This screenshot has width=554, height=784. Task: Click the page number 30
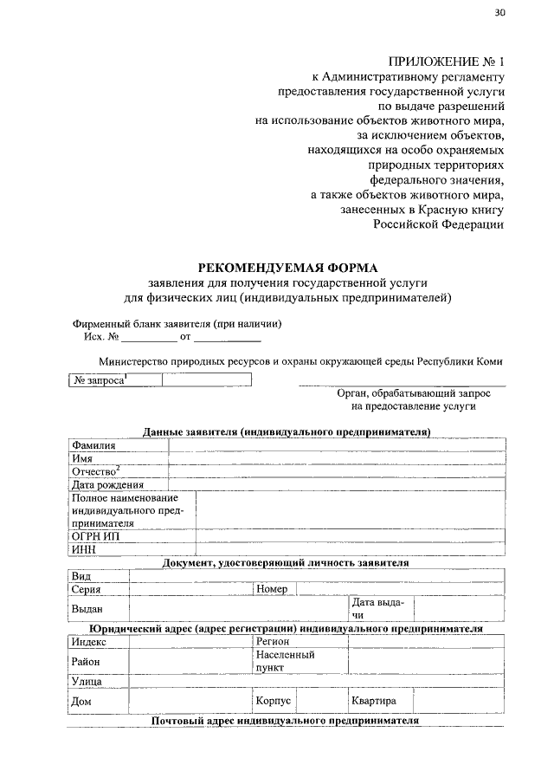pos(499,12)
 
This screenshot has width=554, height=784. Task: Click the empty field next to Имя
pos(338,458)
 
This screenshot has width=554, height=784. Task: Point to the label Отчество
pos(95,471)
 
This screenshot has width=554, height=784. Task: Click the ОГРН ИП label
pos(95,535)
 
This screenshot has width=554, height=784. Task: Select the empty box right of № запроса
pos(207,379)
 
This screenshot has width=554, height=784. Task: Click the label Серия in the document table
pos(87,589)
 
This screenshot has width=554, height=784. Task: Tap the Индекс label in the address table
pos(90,642)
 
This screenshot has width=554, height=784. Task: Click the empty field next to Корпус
pos(322,701)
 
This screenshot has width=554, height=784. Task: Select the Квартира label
pos(374,701)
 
